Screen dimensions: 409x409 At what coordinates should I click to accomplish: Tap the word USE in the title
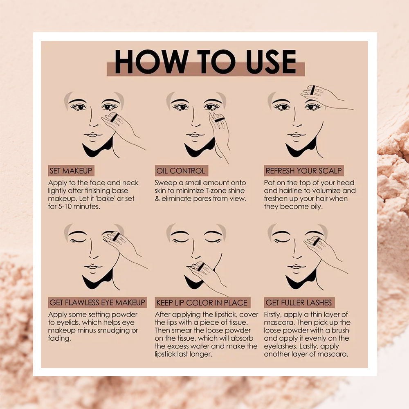point(271,62)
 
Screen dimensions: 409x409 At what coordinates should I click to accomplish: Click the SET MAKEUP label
point(71,171)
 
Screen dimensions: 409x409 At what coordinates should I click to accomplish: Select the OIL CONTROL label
point(181,171)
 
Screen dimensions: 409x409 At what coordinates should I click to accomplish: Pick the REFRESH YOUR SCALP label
point(303,171)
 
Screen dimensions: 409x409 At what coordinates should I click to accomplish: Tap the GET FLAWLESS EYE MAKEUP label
point(97,303)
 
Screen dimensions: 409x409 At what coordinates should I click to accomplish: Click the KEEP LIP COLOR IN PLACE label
point(202,303)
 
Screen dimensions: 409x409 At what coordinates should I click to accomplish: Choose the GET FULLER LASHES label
point(299,303)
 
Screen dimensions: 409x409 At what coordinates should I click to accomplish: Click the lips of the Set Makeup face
point(92,135)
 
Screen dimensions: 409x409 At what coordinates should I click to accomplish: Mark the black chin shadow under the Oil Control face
point(198,149)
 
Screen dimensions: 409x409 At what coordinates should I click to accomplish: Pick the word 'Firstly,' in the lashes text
point(272,315)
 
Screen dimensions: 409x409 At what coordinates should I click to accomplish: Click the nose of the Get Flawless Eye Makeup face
point(91,250)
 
